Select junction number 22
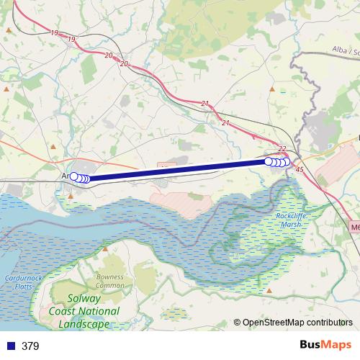click(x=282, y=149)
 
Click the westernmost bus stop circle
click(x=73, y=176)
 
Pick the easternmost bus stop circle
click(x=286, y=162)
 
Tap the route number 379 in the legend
click(x=30, y=346)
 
